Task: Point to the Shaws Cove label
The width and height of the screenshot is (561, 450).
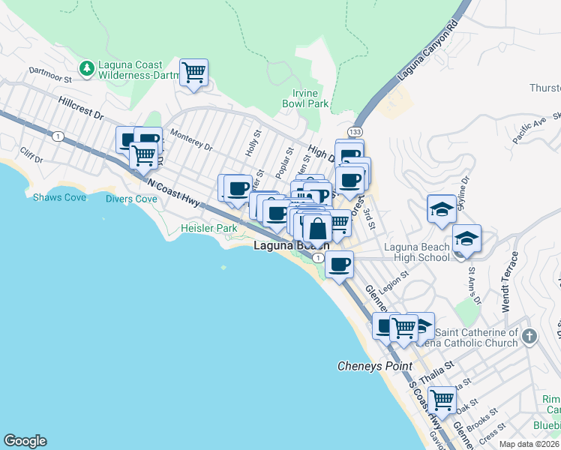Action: click(59, 197)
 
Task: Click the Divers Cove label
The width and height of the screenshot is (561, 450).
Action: click(131, 199)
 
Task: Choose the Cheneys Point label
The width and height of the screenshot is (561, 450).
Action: click(374, 366)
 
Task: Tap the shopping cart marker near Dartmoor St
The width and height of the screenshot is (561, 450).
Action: click(194, 73)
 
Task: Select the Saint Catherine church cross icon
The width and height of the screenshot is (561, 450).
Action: click(529, 336)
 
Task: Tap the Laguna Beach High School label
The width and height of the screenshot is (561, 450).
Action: click(416, 252)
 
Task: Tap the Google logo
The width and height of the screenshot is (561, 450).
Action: click(25, 441)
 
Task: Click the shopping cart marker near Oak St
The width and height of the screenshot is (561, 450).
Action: click(442, 400)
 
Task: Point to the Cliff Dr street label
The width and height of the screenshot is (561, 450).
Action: click(31, 154)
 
